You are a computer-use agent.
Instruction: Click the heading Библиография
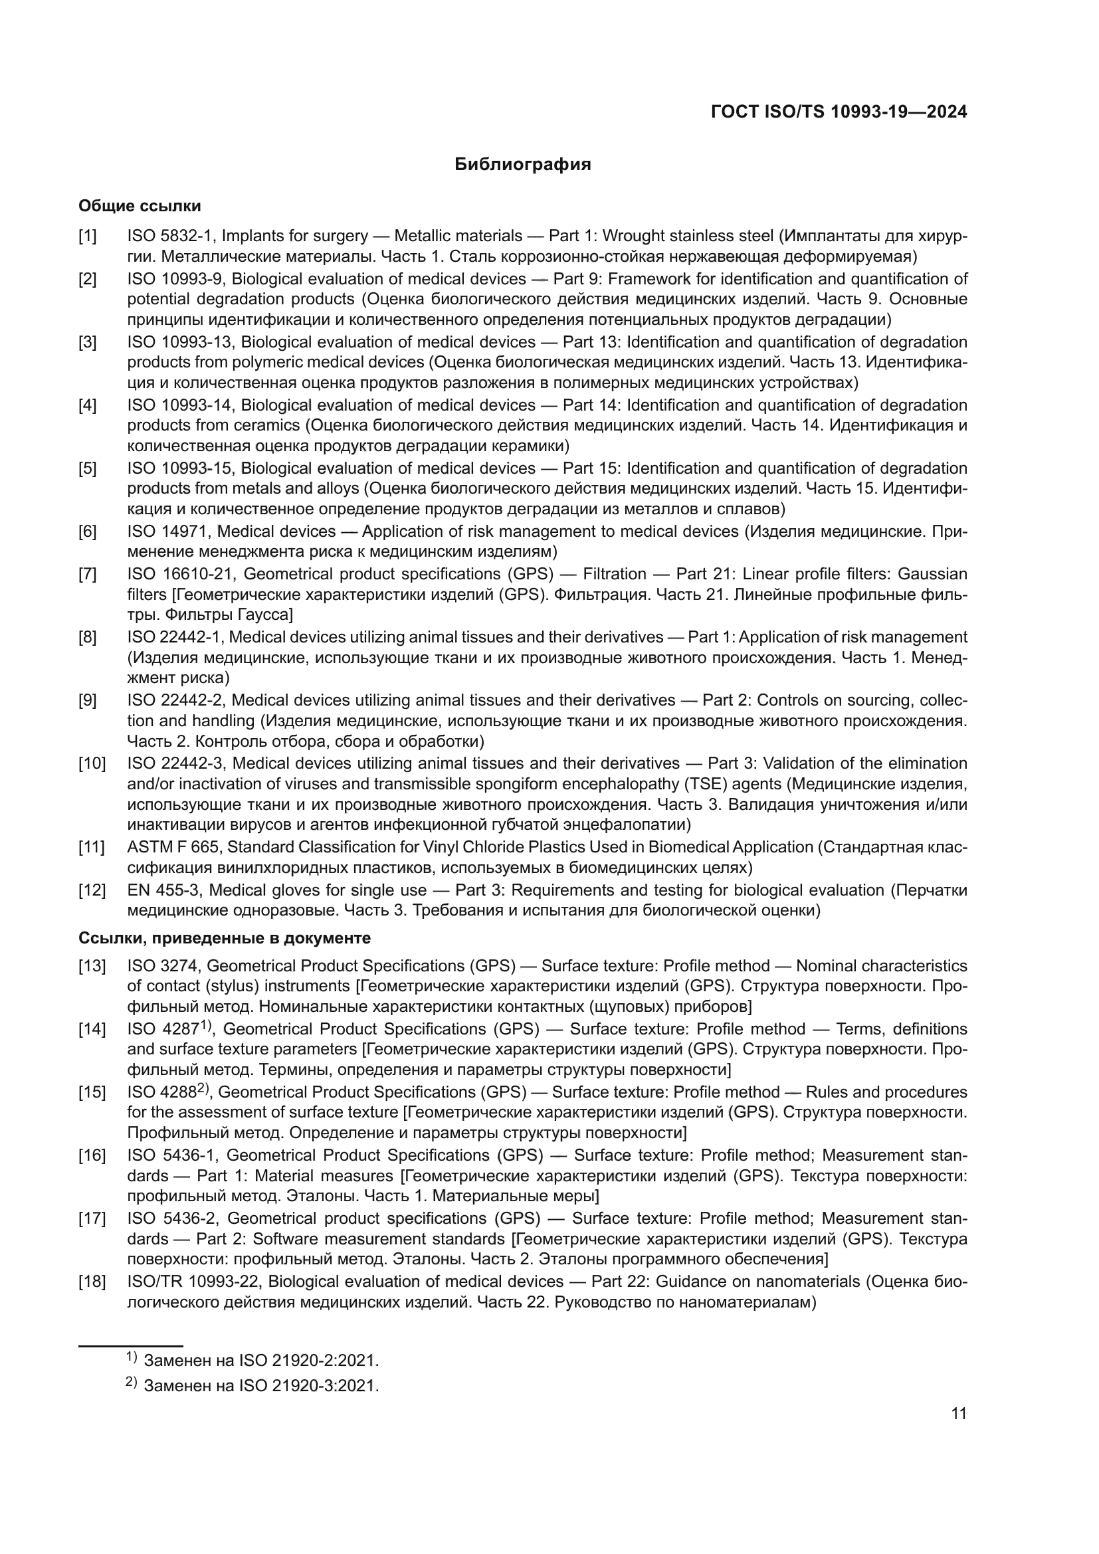coord(522,165)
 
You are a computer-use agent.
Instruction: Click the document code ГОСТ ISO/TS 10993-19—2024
coord(839,112)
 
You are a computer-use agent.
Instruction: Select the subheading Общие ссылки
coord(140,206)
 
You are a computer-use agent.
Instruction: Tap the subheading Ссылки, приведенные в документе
coord(225,938)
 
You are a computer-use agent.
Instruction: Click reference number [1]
coord(87,237)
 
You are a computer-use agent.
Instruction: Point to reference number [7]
coord(87,575)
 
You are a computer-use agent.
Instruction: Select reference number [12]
coord(92,890)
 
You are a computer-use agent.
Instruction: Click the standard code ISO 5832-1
coord(170,237)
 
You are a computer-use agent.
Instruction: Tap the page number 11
coord(958,1414)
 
